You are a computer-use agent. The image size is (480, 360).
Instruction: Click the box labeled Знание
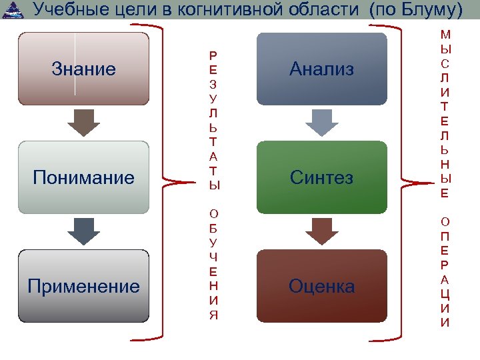point(83,69)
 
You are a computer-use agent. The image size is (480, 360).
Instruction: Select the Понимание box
point(83,177)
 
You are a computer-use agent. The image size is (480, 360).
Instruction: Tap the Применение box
point(83,286)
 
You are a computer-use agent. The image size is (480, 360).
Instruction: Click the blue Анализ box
point(321,69)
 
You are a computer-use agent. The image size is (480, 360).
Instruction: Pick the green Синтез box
point(321,177)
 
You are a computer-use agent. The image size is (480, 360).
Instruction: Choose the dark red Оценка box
point(321,286)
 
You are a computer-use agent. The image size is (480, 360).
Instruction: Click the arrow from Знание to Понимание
point(83,123)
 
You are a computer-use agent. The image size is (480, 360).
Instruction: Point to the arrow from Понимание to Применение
point(83,231)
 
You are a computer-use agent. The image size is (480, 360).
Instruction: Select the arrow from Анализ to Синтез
point(321,123)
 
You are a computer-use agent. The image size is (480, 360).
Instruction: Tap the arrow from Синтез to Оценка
point(321,231)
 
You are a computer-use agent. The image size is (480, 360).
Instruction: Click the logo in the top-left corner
point(12,10)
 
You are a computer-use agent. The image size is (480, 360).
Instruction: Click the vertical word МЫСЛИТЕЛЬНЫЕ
point(445,114)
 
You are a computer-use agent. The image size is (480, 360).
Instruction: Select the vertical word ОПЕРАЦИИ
point(445,271)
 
